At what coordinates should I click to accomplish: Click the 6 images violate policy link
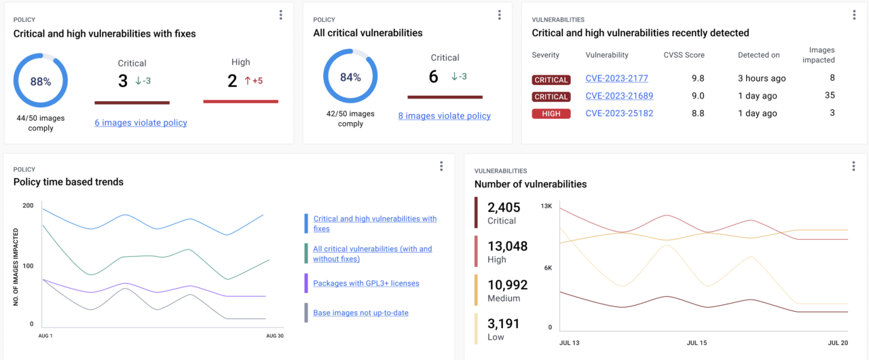(141, 123)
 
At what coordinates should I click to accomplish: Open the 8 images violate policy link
(444, 116)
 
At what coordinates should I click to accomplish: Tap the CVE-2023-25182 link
(619, 113)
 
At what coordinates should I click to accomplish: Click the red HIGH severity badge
(551, 114)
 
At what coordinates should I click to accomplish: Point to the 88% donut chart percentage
(41, 82)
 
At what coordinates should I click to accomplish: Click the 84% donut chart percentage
(350, 77)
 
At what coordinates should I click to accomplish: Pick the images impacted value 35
(830, 96)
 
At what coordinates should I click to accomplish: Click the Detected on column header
(758, 55)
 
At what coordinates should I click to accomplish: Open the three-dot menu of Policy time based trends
(441, 166)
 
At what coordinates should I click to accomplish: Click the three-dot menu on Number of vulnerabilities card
(853, 166)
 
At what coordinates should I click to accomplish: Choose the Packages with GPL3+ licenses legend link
(366, 283)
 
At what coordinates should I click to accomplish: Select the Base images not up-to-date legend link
(360, 313)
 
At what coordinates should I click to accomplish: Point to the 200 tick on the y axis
(28, 205)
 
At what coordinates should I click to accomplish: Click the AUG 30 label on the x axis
(274, 336)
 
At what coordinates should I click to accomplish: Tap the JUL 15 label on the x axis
(697, 343)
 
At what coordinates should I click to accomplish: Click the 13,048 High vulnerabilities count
(507, 246)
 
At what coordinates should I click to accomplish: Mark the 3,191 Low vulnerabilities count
(502, 323)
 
